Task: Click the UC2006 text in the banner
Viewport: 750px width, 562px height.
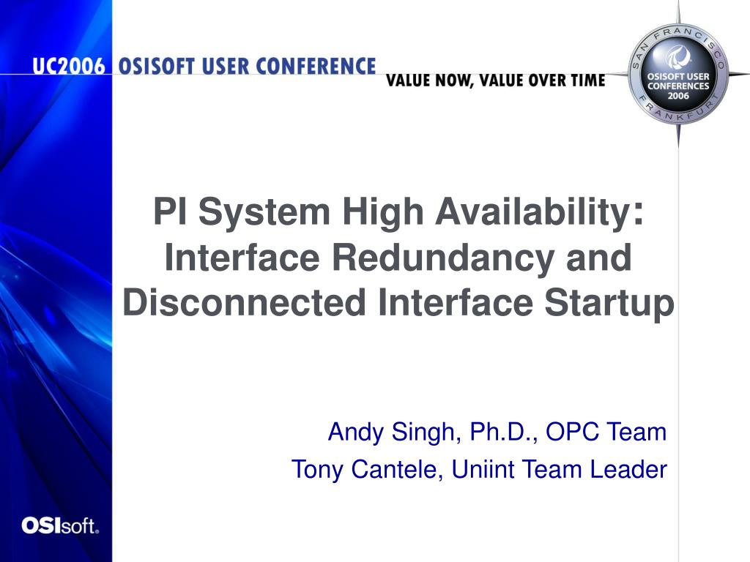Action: (x=69, y=66)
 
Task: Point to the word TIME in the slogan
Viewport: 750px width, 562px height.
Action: (x=588, y=80)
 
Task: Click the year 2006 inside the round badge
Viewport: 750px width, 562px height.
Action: (x=678, y=96)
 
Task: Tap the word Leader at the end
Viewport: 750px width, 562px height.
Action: (x=628, y=469)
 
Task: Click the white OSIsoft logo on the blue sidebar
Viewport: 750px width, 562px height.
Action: (x=60, y=525)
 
